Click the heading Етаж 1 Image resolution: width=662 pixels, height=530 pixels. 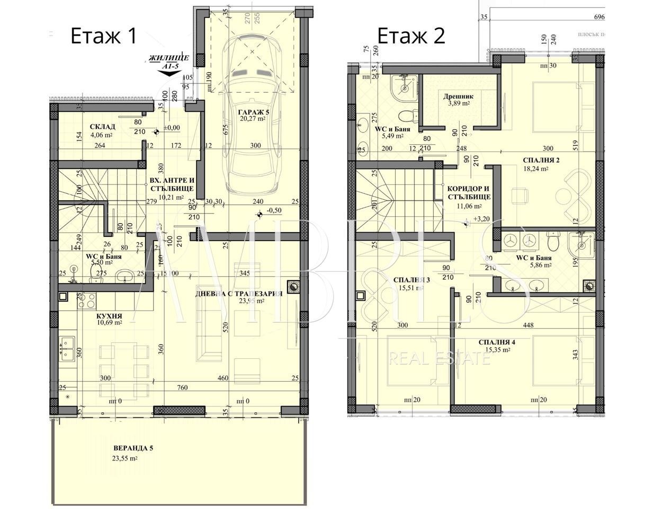click(x=104, y=36)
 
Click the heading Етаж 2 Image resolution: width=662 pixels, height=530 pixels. click(x=411, y=36)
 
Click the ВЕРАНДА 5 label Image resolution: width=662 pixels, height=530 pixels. click(x=133, y=448)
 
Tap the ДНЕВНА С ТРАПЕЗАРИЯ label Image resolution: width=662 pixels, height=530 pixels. click(x=238, y=294)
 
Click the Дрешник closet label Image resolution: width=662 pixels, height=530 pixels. click(x=458, y=96)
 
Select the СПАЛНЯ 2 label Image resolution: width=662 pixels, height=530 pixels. click(x=541, y=160)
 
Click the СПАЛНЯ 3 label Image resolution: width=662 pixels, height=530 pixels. click(x=411, y=280)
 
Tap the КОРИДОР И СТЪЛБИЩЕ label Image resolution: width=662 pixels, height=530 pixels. click(x=469, y=192)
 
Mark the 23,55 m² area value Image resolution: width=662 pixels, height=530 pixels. click(x=125, y=459)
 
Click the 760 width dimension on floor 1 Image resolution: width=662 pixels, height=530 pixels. click(x=182, y=388)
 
